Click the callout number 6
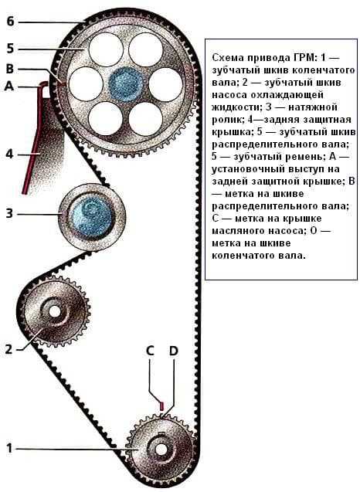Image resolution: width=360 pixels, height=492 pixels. (10, 22)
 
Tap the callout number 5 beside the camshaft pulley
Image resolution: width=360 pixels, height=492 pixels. (10, 49)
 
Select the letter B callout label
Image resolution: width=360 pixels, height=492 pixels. (10, 69)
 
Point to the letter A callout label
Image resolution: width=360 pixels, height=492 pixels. (9, 86)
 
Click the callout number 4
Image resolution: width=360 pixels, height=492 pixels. (10, 154)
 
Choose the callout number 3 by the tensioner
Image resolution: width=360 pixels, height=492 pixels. (9, 213)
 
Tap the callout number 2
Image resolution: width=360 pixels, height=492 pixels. (8, 349)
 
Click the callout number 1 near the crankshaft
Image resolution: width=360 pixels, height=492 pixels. (9, 448)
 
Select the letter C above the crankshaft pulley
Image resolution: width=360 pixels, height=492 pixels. (150, 351)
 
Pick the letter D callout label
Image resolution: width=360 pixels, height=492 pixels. (174, 351)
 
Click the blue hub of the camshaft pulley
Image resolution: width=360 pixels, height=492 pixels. (126, 84)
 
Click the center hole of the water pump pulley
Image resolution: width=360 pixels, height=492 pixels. (55, 311)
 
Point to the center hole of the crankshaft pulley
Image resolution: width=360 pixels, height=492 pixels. (161, 450)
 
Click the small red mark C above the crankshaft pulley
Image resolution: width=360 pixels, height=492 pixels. (161, 405)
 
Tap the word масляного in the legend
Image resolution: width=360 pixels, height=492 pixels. (237, 231)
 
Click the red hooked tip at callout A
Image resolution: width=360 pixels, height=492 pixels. (43, 83)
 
